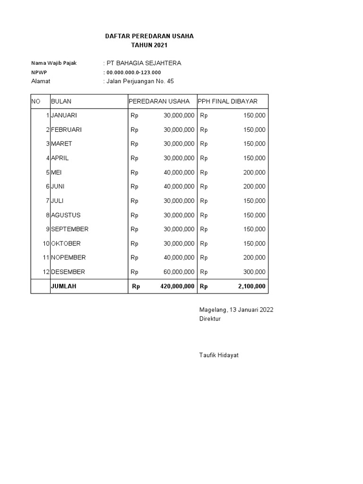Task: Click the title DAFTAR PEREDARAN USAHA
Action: point(149,36)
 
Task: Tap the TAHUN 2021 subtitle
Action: point(149,45)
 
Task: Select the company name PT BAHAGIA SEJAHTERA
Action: point(143,63)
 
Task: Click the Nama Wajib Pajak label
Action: point(53,63)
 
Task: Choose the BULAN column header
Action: point(61,101)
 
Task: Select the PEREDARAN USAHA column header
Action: point(159,101)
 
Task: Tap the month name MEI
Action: point(56,173)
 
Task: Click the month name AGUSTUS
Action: point(66,215)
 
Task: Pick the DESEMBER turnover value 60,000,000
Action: point(179,272)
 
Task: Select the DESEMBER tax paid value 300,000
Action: point(254,272)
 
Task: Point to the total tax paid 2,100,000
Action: point(252,286)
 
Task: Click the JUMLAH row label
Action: point(63,286)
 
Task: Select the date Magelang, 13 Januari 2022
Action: point(236,310)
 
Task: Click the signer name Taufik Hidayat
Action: point(219,355)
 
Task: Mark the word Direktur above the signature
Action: point(210,319)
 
